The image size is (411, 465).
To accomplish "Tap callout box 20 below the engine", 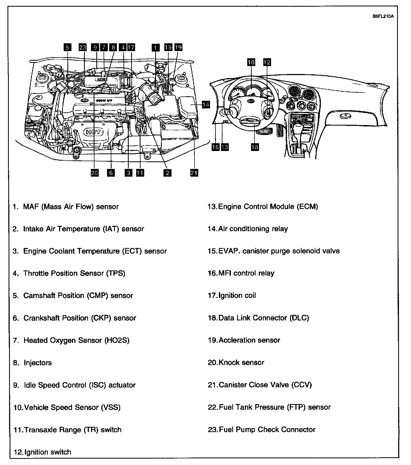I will pos(94,173).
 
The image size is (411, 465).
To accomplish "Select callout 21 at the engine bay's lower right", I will pos(194,173).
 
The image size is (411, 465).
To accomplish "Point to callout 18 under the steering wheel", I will pos(255,147).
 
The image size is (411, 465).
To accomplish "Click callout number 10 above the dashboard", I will pos(251,62).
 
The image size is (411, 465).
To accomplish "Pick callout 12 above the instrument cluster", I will pos(267,62).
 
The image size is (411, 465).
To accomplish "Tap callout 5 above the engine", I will pos(67,48).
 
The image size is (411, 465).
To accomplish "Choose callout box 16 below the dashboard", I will pos(215,147).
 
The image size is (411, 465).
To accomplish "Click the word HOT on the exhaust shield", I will pos(94,132).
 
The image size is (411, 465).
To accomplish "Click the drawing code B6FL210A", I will pos(383,16).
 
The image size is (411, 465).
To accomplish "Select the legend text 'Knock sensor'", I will pos(241,362).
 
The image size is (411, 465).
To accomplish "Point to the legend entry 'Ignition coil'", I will pos(237,295).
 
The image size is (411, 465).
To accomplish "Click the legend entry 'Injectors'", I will pos(38,363).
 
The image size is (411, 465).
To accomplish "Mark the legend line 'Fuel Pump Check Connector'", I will pos(267,429).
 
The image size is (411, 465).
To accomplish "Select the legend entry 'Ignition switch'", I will pos(48,452).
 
